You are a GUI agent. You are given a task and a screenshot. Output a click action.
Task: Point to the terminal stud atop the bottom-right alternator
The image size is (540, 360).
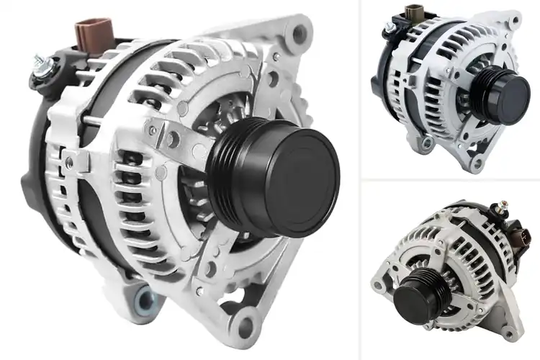click(496, 210)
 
